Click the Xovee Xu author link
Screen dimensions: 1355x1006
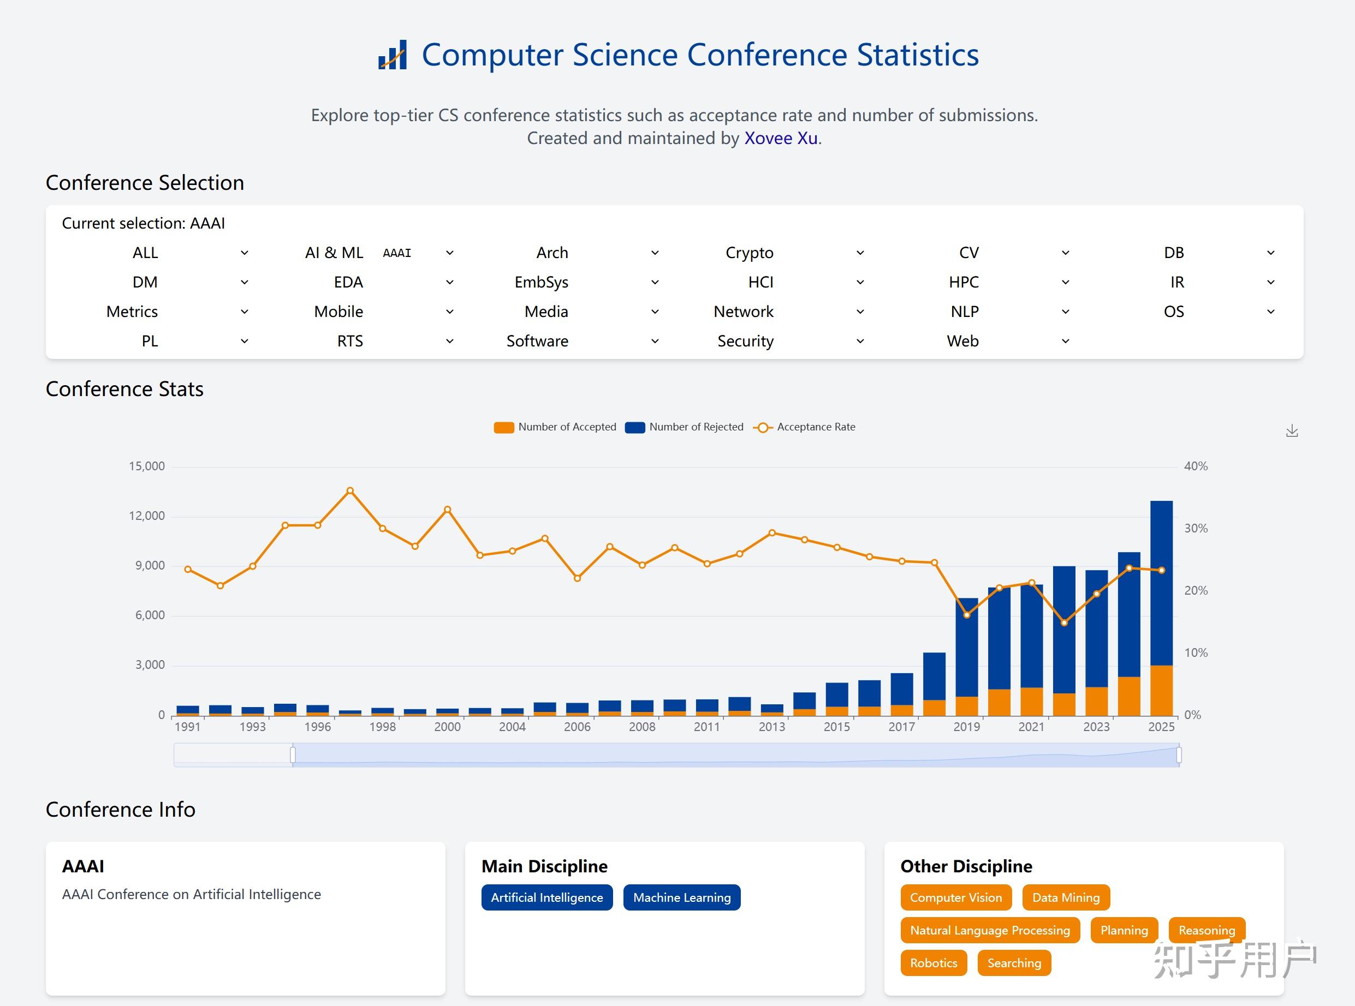tap(781, 138)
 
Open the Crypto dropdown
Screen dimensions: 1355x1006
tap(792, 253)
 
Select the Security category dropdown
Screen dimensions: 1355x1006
tap(792, 341)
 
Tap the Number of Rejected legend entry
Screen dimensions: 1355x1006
tap(685, 427)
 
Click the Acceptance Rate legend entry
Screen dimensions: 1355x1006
tap(804, 427)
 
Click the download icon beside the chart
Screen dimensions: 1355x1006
tap(1292, 431)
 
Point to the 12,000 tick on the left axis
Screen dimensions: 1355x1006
tap(147, 516)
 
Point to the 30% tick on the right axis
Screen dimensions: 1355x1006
tap(1196, 528)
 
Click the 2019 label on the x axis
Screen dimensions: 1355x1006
tap(966, 727)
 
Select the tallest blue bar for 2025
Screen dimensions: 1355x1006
tap(1161, 583)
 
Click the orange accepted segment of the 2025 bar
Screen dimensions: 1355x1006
tap(1161, 691)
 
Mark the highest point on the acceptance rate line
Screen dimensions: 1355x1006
tap(350, 490)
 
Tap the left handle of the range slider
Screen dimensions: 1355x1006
tap(293, 755)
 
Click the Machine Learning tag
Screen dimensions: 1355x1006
tap(682, 897)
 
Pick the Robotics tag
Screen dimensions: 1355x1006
tap(934, 963)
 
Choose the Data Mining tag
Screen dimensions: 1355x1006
tap(1066, 897)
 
